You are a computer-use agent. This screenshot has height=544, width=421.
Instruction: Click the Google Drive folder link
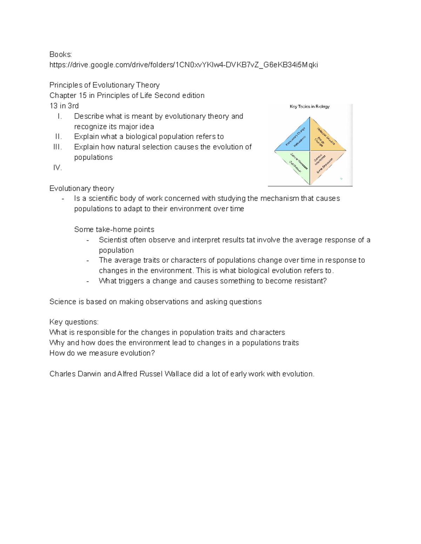tap(183, 65)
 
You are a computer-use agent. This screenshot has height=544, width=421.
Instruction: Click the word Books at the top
tap(60, 54)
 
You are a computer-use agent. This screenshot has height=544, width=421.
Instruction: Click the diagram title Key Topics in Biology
tap(309, 106)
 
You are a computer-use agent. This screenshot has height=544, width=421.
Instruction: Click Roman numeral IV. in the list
tap(58, 168)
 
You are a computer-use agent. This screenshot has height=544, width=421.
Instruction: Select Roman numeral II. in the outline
tap(58, 137)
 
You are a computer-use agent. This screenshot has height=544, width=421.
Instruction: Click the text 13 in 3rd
tap(64, 106)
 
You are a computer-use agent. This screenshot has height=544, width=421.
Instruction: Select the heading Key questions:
tap(74, 322)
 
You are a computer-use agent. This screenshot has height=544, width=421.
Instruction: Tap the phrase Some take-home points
tap(114, 230)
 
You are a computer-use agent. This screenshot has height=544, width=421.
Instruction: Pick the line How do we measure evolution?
tap(102, 353)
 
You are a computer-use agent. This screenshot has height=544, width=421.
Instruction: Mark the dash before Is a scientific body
tap(63, 199)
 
